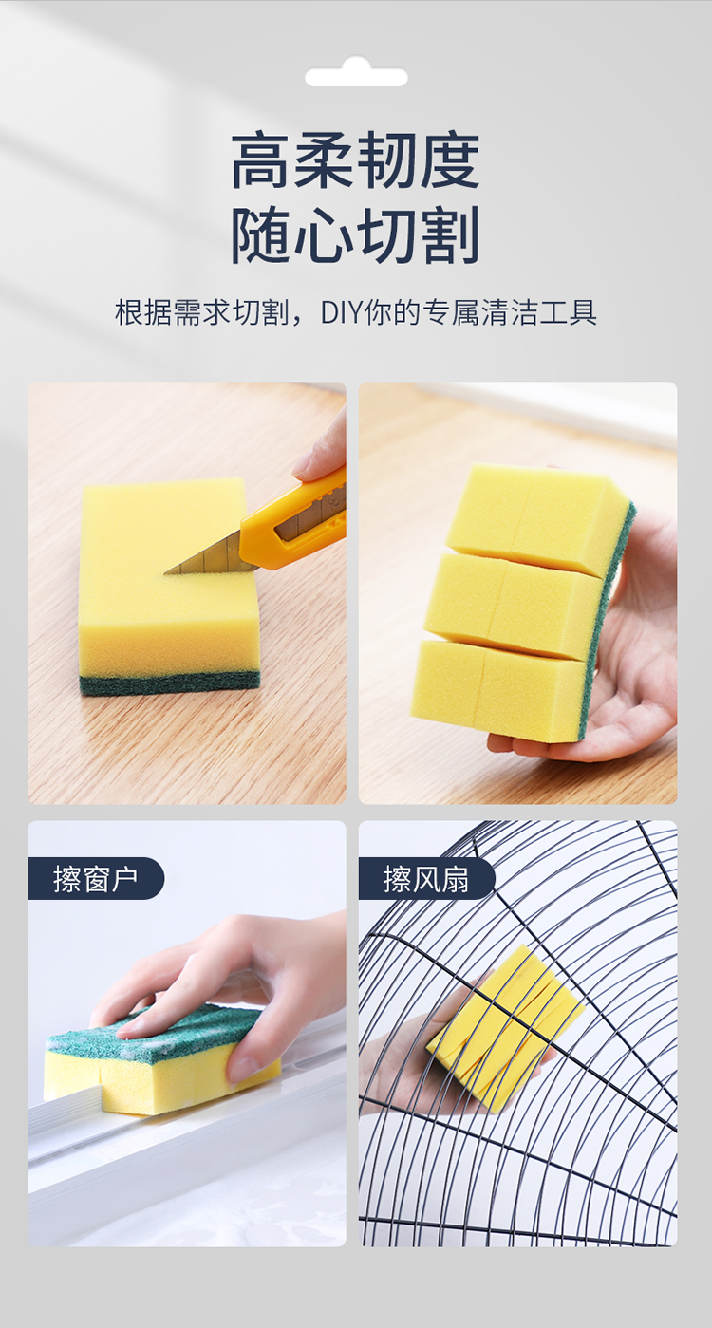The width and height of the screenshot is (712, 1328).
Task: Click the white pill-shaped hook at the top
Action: [356, 73]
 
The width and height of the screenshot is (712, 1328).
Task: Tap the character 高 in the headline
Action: [261, 160]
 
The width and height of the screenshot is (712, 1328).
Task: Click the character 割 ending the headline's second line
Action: [449, 235]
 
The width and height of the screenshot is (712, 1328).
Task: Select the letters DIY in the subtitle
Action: [342, 312]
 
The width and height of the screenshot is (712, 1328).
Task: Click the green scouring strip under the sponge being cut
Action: [170, 683]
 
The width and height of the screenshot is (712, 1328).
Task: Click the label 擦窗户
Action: [96, 879]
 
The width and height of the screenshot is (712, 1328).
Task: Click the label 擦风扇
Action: [426, 879]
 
